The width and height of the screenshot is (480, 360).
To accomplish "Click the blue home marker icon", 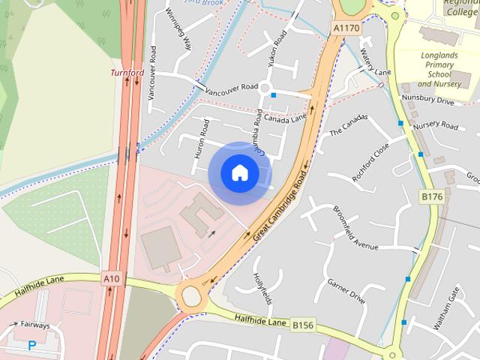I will [239, 172].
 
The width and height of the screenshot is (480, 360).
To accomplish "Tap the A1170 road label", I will [346, 28].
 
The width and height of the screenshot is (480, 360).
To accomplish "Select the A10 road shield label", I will [111, 279].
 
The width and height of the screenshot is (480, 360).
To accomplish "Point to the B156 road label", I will [302, 325].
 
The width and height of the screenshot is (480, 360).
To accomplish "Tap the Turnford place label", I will [127, 73].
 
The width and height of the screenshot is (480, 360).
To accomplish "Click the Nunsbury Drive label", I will [428, 100].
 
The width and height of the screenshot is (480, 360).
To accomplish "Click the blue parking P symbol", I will [31, 346].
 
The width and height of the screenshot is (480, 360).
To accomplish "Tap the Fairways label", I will [35, 325].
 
